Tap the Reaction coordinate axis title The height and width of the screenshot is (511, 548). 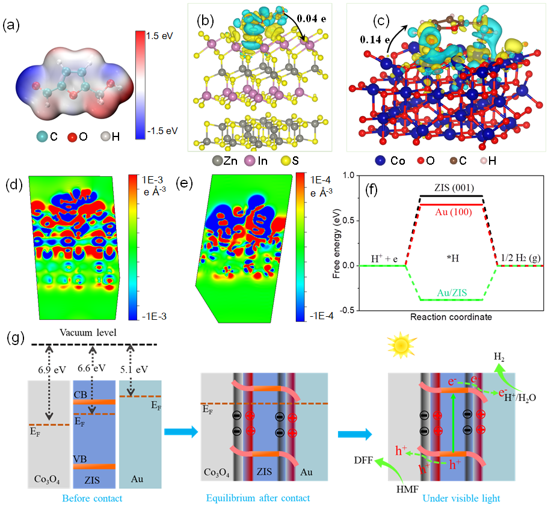[x=442, y=316]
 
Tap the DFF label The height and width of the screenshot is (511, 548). [x=365, y=460]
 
